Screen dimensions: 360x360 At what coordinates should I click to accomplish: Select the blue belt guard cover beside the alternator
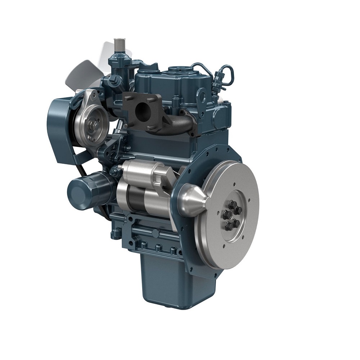59,126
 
